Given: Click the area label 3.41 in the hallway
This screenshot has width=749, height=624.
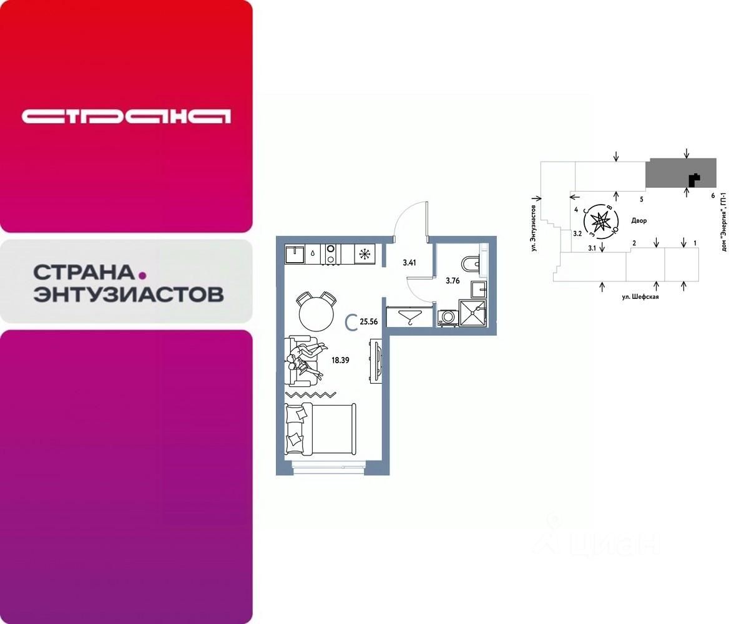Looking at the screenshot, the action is coord(409,262).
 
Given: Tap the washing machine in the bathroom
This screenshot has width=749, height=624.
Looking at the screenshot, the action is coord(448,318).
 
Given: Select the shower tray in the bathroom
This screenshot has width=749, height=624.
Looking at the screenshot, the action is coord(472,313).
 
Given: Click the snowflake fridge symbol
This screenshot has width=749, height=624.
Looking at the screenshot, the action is coord(363,254).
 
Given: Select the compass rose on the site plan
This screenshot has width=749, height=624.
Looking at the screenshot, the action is coord(600,221).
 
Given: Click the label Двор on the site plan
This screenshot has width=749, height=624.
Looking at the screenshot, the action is coord(639,221).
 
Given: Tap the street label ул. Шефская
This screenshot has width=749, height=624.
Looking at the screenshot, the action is coord(640,297).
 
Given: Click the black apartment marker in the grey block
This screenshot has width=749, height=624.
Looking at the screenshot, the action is coord(693,180).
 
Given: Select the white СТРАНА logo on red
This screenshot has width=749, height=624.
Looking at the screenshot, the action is coord(126,116).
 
